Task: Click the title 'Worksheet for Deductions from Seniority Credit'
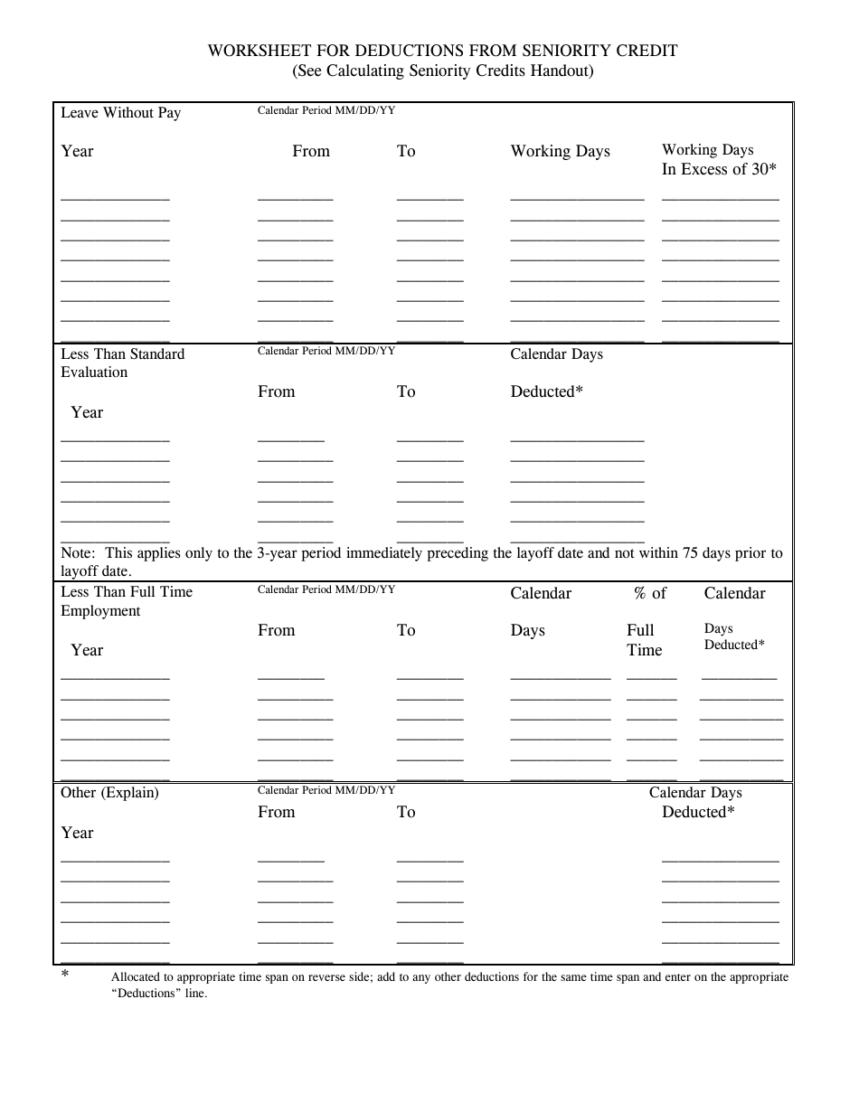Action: [443, 51]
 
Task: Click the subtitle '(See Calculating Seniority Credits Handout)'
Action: [443, 71]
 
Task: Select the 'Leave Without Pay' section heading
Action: [120, 113]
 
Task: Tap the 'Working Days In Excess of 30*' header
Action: [719, 159]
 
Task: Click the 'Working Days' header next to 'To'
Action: [560, 151]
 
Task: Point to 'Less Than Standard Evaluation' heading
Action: [122, 363]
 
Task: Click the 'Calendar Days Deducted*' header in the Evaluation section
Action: [556, 372]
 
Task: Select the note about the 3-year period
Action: [421, 561]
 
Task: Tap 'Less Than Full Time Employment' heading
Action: [126, 601]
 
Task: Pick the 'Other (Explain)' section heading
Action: [109, 793]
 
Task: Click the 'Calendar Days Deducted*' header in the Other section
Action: [696, 802]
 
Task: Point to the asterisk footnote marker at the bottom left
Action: [65, 975]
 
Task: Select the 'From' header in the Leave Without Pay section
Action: [311, 151]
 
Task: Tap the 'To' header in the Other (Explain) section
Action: [406, 812]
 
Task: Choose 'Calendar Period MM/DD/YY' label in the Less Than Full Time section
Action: [326, 589]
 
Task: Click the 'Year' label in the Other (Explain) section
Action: [77, 833]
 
